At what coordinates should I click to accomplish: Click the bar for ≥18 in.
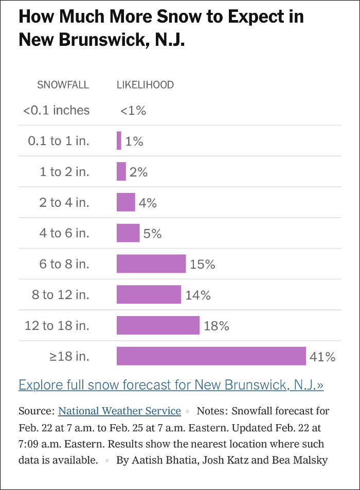click(x=211, y=356)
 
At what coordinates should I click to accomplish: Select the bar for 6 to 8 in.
click(x=151, y=264)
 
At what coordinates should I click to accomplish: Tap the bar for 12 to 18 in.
click(x=158, y=326)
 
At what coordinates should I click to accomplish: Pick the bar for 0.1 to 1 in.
click(x=119, y=141)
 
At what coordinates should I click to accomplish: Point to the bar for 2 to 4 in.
click(x=125, y=202)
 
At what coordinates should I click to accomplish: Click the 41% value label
click(x=322, y=357)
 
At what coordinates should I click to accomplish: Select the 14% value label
click(x=198, y=295)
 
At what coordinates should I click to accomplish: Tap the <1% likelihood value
click(x=133, y=110)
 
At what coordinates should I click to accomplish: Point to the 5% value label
click(x=153, y=234)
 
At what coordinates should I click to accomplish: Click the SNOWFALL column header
click(x=63, y=85)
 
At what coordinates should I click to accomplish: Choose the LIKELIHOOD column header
click(x=145, y=85)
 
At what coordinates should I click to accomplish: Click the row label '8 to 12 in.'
click(x=60, y=295)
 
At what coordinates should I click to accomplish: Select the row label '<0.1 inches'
click(x=56, y=110)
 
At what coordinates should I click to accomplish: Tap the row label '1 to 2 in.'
click(x=64, y=172)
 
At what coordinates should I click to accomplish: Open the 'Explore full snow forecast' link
click(x=171, y=385)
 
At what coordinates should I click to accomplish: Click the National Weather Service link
click(x=119, y=411)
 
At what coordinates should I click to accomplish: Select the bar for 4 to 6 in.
click(x=128, y=233)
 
